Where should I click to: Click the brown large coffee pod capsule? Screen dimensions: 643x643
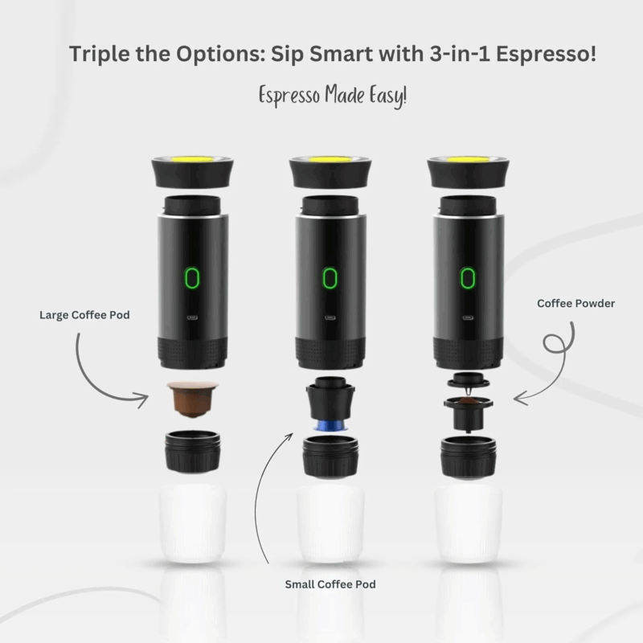tap(193, 399)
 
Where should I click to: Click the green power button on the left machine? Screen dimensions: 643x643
tap(192, 278)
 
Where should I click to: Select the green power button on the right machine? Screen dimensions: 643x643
tap(468, 278)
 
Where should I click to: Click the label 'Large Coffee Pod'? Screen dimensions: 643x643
tap(84, 315)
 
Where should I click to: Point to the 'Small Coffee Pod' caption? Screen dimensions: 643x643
tap(330, 584)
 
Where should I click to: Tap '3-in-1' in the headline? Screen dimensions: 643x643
tap(444, 55)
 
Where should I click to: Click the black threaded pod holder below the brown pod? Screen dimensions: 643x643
tap(192, 452)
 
